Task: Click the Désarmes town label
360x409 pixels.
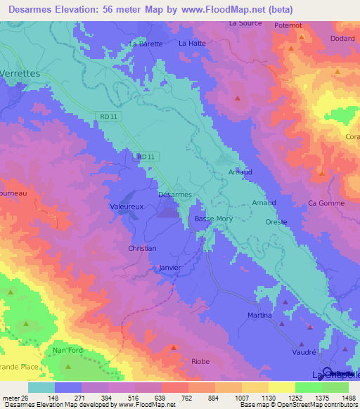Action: [175, 194]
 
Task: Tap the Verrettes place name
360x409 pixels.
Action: [20, 73]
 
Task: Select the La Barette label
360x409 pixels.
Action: [146, 44]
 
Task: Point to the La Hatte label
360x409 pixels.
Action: [192, 43]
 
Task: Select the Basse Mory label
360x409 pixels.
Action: [214, 219]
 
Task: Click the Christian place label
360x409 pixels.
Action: [142, 248]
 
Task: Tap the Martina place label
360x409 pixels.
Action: [259, 316]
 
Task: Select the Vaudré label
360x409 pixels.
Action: [303, 354]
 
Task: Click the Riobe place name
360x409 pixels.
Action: [200, 361]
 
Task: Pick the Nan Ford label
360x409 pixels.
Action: [67, 349]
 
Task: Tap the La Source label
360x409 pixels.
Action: [245, 23]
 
